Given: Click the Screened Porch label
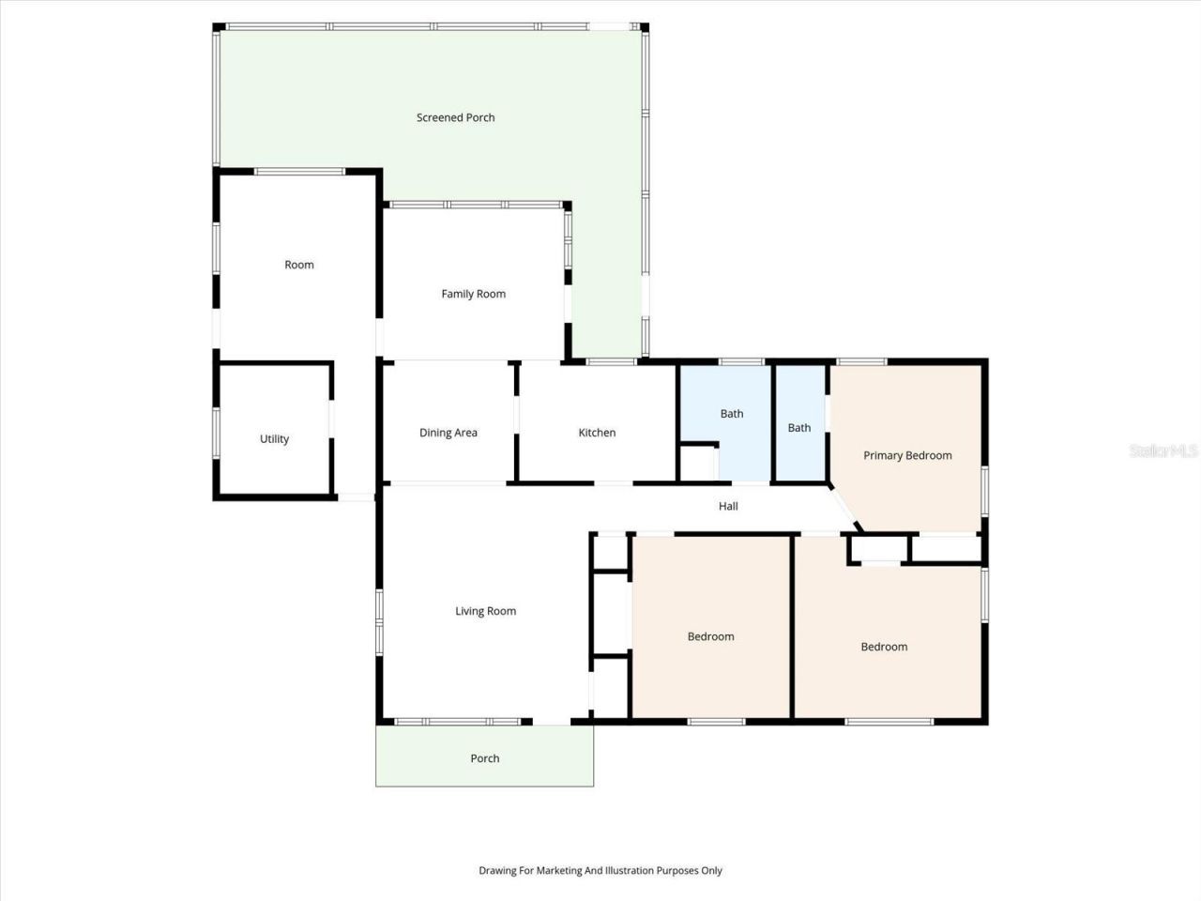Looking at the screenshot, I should coord(455,117).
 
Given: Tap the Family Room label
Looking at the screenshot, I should coord(473,294).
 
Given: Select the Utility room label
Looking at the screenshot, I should coord(274,438).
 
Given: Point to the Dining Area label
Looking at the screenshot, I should coord(448,433).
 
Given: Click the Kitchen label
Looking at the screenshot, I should coord(597,433).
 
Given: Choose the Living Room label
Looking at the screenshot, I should coord(485,611).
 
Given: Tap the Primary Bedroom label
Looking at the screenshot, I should coord(906,455).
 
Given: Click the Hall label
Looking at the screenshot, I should coord(728,506).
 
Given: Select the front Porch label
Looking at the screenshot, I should coord(484,758).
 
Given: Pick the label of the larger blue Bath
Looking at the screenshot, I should coord(731,413).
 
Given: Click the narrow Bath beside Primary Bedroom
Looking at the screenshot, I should coord(798,427).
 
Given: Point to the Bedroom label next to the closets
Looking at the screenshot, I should coord(710,636).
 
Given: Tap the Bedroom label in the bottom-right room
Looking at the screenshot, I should coord(884,647).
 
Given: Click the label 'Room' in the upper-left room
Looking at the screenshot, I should coord(298,265).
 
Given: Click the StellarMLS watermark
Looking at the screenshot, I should coord(1163,451).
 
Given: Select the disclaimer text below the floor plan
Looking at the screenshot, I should coord(600,870).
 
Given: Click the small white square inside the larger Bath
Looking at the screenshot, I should coord(696,463).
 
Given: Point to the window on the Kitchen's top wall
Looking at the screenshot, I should coord(612,361).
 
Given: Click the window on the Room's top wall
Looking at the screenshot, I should coord(300,171).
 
